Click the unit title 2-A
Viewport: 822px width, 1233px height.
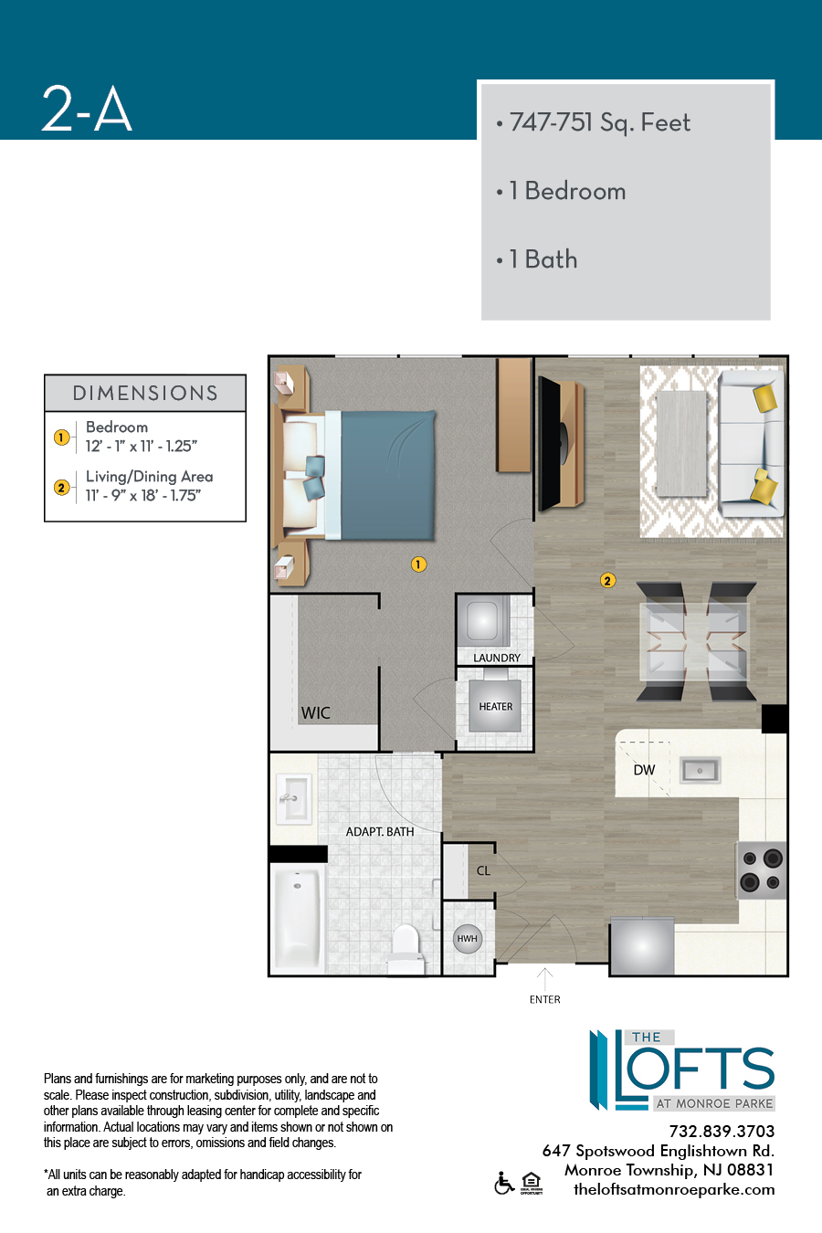tap(87, 109)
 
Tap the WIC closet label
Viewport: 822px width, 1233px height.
tap(315, 713)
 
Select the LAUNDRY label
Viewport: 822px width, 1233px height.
tap(497, 658)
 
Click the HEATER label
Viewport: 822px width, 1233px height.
tap(496, 706)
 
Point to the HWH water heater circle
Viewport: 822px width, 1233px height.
tap(468, 939)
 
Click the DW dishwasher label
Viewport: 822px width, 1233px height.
tap(644, 770)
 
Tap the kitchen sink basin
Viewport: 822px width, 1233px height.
tap(700, 770)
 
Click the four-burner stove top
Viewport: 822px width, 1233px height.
tap(762, 870)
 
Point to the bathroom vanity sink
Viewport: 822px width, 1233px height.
tap(293, 798)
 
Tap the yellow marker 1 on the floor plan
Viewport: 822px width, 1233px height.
tap(418, 564)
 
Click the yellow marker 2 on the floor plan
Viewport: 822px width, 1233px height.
tap(608, 580)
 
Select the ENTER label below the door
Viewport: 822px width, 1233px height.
tap(545, 999)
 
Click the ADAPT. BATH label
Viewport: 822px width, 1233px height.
tap(380, 832)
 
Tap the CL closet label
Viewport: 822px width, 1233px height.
tap(483, 870)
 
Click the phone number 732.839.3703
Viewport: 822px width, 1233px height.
tap(722, 1132)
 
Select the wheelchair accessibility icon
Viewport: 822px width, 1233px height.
tap(504, 1183)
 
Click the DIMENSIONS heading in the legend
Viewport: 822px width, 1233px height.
tap(145, 393)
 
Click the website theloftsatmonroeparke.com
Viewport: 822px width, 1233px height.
tap(674, 1189)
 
